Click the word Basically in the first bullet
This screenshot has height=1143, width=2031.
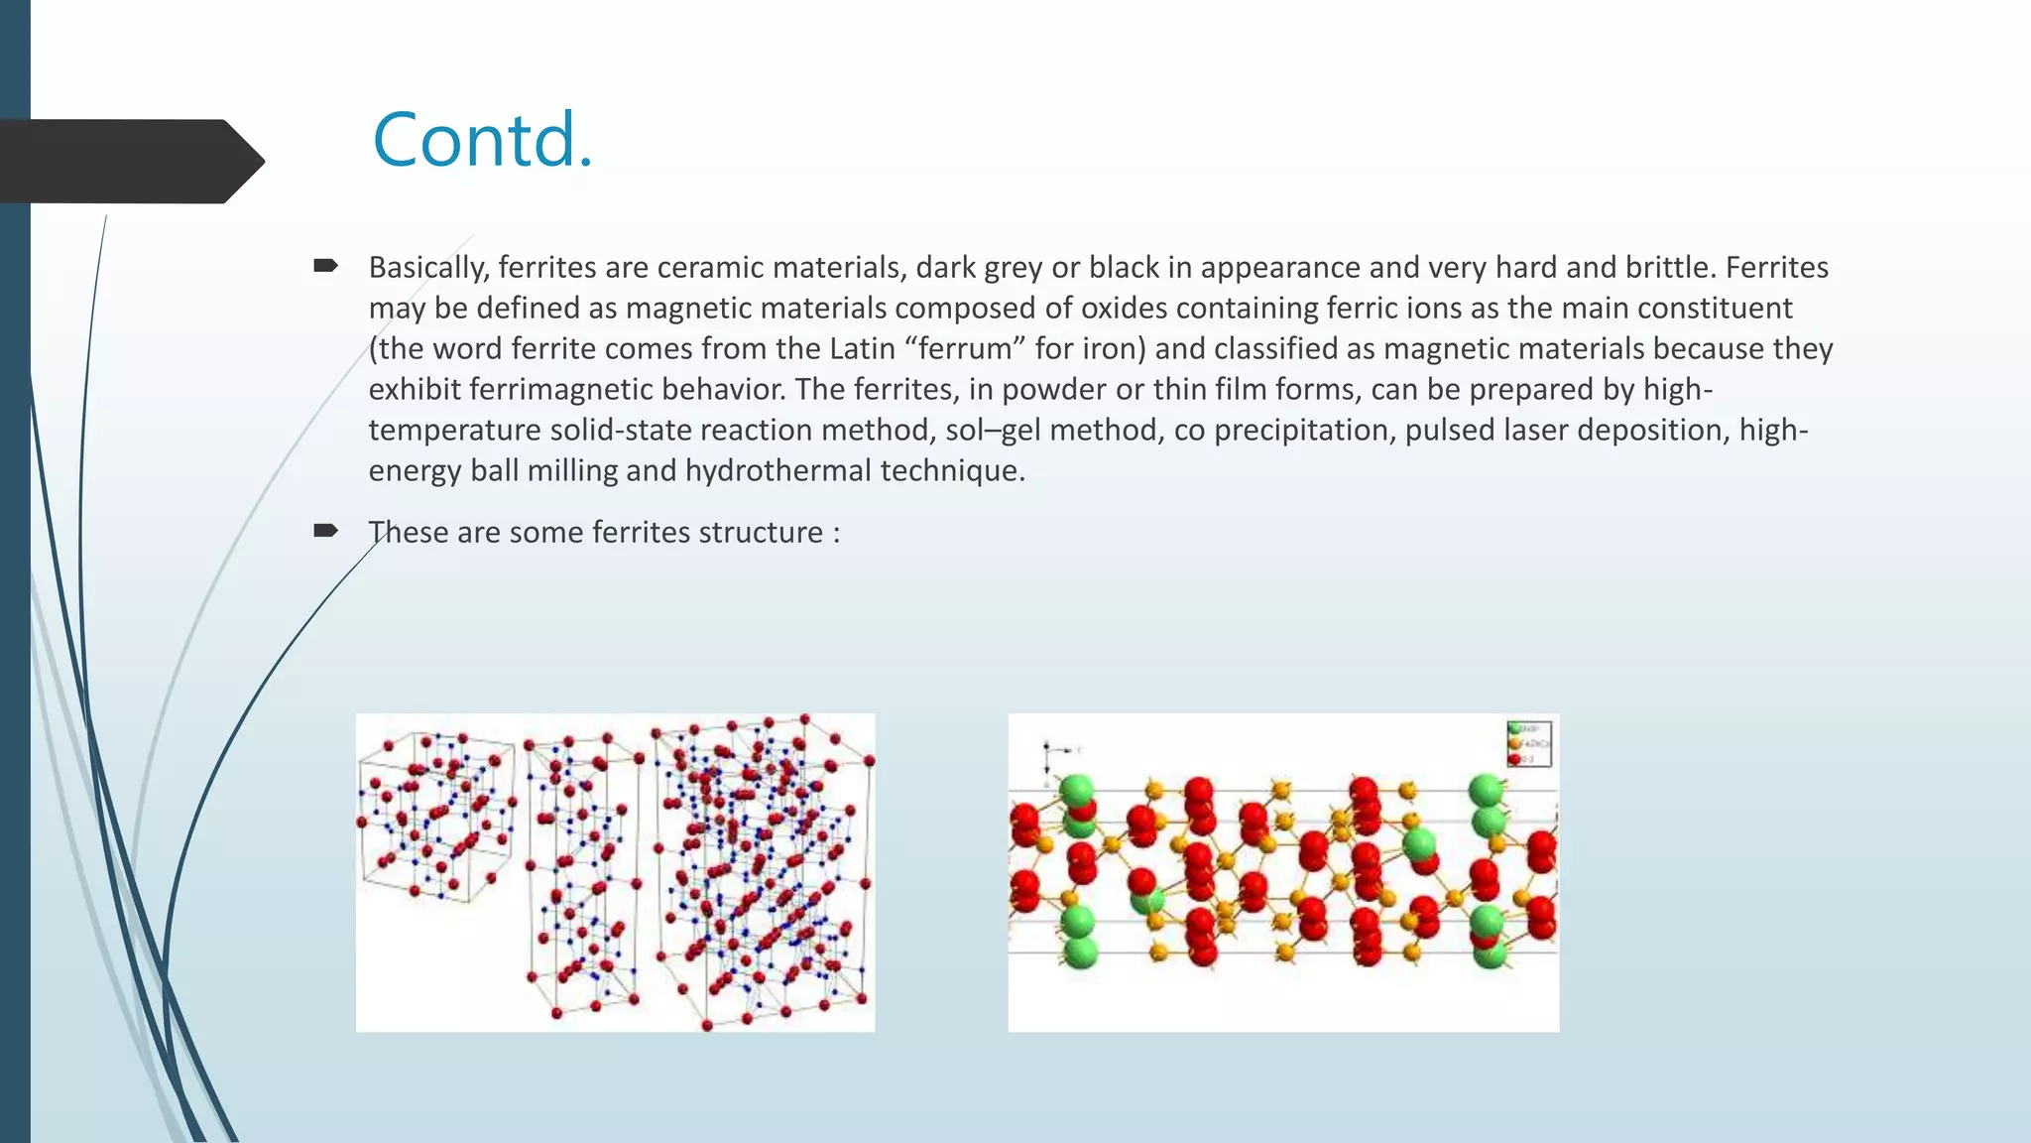427,267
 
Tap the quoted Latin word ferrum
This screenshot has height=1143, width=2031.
966,348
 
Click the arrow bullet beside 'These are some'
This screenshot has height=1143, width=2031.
325,531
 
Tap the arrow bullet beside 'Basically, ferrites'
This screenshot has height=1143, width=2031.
325,265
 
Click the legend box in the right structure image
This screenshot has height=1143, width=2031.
1528,744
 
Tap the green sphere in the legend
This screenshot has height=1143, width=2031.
1513,728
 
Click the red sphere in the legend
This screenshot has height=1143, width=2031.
1513,759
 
